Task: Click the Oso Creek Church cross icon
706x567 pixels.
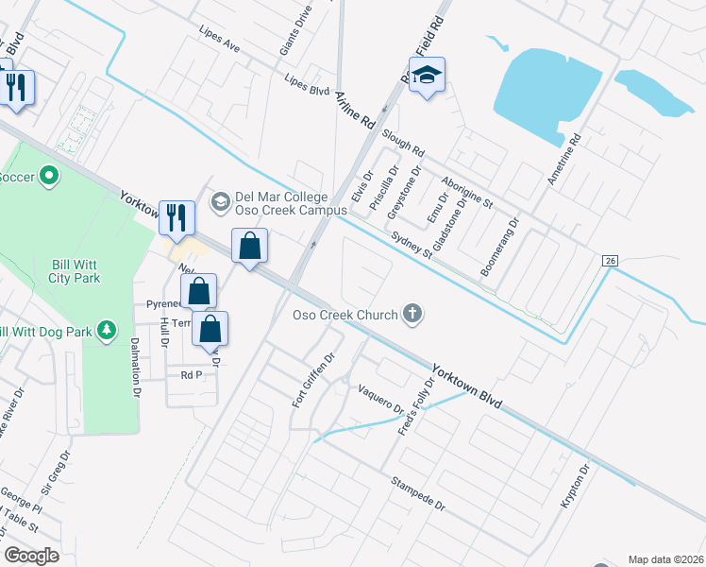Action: point(412,313)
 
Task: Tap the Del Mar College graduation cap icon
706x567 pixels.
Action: point(220,201)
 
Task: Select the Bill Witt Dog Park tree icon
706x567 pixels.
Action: point(108,329)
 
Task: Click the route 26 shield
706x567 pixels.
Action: point(610,260)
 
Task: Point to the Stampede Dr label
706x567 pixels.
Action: point(418,493)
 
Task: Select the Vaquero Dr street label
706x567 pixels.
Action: point(380,400)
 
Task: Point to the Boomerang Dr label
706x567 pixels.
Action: point(500,249)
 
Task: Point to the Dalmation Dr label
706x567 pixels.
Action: point(135,367)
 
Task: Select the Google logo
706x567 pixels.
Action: point(31,556)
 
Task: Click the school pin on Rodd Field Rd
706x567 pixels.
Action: point(427,76)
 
